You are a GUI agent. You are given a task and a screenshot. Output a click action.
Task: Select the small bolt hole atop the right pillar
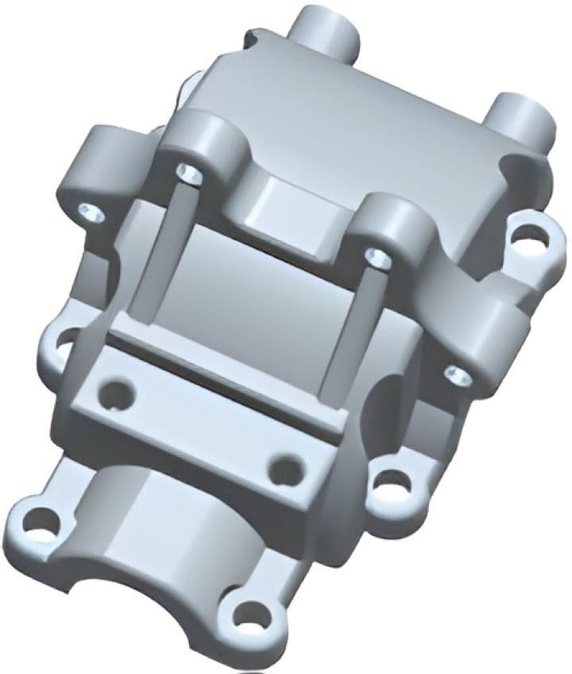[x=377, y=256]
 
